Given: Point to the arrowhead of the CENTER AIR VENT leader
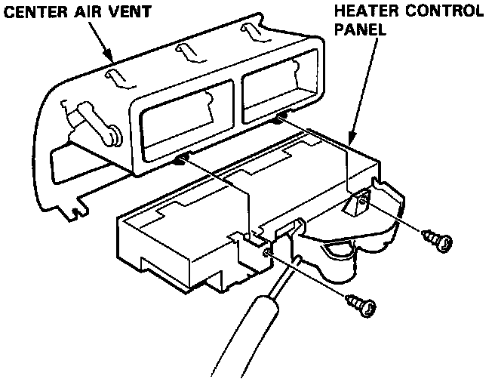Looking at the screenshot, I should coord(112,60).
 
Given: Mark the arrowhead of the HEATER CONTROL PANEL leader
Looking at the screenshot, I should coord(352,140).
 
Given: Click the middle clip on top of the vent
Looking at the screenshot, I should coord(183,52).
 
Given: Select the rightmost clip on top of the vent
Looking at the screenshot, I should coord(251,29).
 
